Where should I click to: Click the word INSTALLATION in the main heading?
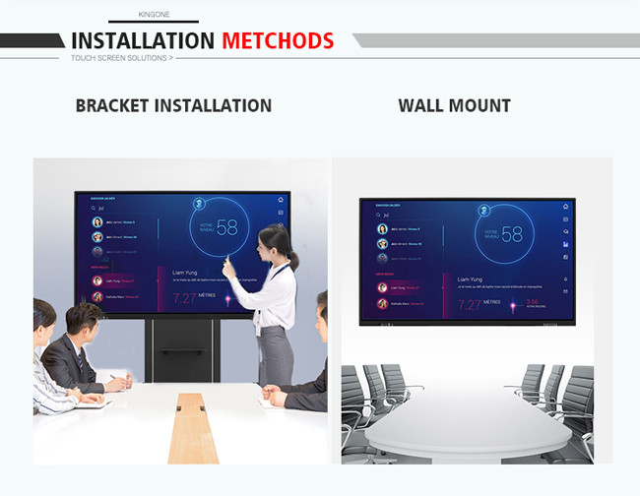[x=143, y=40]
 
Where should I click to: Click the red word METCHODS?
[x=278, y=40]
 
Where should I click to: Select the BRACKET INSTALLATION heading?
[x=173, y=105]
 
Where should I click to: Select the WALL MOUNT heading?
[x=454, y=105]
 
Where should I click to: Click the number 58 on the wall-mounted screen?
[x=512, y=234]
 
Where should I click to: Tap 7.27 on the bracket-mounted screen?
[x=184, y=298]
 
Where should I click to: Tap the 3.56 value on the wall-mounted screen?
[x=532, y=302]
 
